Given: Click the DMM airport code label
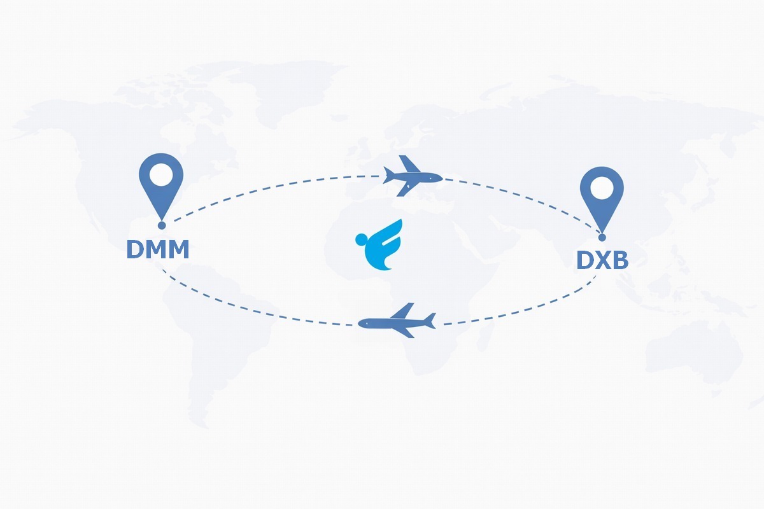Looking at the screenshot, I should coord(157,249).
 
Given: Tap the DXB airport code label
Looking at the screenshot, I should coord(602,260).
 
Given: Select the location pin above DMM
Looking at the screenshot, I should coord(161,185).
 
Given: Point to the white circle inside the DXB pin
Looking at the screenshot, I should coord(602,186).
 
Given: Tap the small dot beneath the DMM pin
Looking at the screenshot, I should coord(162,225).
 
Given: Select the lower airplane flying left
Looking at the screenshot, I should coord(396,321).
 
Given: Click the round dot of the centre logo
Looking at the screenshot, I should coord(362,240).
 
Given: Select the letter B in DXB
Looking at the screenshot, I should coord(620,260).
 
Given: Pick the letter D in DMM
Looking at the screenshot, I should coord(136,249).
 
